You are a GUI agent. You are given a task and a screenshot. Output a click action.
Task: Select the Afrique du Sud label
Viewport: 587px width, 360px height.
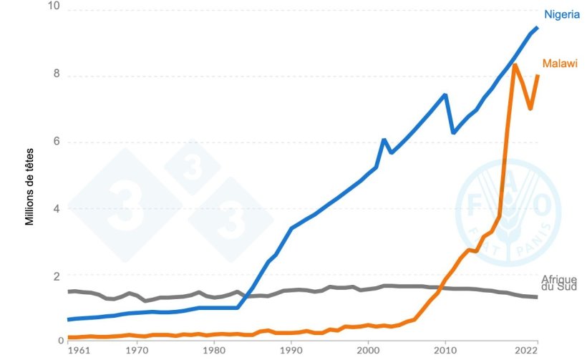559,283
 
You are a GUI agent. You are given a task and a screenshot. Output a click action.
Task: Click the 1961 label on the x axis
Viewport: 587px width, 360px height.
79,351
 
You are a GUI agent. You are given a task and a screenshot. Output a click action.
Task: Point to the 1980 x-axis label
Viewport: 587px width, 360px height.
213,351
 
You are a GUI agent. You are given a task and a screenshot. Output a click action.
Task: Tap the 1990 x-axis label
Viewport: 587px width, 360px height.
291,351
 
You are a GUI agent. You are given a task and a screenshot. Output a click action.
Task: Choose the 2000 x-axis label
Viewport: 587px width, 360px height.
368,351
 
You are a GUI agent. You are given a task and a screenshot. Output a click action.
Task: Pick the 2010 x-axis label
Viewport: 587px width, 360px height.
445,351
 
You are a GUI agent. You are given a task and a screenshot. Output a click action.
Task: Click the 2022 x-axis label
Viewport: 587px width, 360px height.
527,351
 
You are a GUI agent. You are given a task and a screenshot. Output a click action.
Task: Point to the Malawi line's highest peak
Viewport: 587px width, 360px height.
514,65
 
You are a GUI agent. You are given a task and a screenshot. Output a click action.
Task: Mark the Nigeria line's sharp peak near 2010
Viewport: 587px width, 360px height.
445,94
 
